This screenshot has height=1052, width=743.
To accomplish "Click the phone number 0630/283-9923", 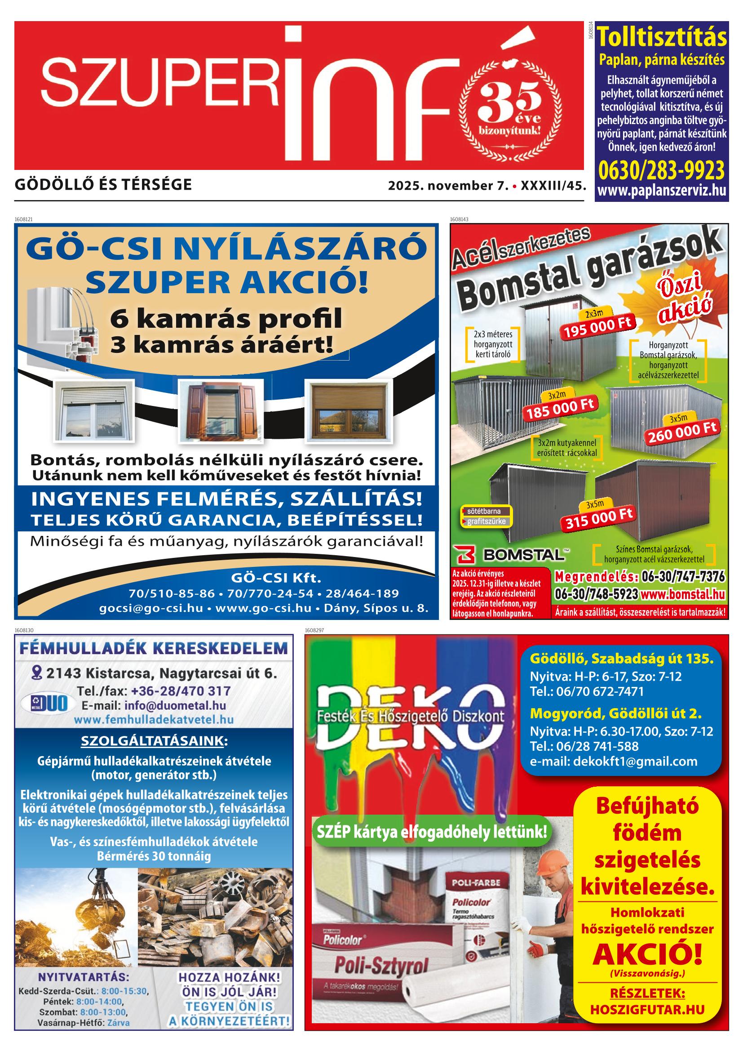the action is coord(662,170).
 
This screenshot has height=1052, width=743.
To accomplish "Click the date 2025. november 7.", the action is coord(448,186).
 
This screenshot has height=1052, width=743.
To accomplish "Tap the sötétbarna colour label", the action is coord(484,511).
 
